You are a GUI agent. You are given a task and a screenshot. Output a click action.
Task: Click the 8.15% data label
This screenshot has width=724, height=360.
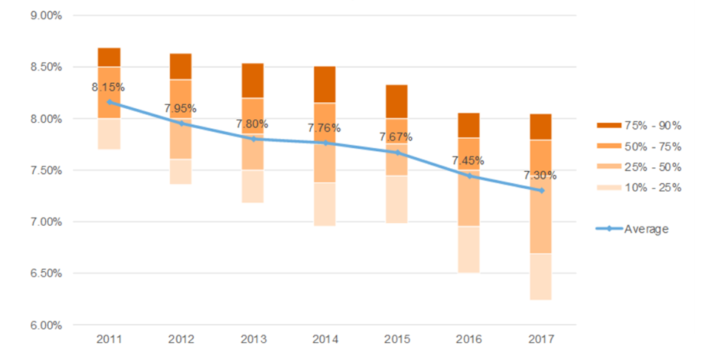click(108, 87)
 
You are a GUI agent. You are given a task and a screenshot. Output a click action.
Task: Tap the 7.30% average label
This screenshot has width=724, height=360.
click(540, 176)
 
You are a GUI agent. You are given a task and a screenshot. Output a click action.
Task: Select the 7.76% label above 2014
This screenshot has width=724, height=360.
click(324, 128)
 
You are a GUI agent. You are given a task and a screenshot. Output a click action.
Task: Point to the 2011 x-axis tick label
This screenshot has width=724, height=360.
click(109, 339)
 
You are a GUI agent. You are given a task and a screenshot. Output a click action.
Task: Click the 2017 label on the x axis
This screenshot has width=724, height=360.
click(540, 339)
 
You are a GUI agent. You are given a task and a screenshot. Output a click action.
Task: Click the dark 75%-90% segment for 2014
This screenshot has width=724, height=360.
click(324, 84)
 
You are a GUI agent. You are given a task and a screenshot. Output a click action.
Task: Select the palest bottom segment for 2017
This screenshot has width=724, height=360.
click(540, 277)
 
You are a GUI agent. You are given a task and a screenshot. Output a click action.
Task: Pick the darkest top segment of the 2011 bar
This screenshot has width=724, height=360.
click(109, 57)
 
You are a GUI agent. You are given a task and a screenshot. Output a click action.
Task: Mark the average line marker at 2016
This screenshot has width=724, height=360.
click(469, 176)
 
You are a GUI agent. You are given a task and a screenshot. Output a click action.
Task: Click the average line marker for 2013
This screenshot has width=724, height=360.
click(253, 139)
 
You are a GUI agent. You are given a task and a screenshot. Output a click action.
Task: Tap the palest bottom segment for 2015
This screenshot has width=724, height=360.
click(396, 199)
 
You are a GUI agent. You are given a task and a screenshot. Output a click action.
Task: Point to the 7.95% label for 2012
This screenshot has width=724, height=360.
click(181, 108)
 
